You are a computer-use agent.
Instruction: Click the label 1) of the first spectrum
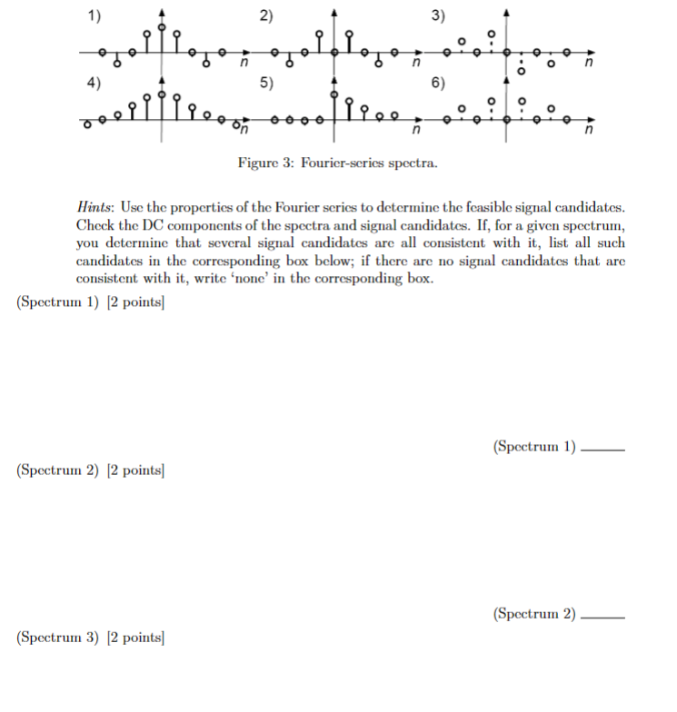95,15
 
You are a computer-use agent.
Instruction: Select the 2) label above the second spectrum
265,15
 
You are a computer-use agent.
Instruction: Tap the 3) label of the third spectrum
438,15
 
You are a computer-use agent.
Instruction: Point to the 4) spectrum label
95,82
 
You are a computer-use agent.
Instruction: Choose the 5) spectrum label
265,82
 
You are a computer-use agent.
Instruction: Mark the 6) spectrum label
438,82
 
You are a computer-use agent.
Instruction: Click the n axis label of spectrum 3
588,64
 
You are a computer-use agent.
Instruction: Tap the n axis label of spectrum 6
588,132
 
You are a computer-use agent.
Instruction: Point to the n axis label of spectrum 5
415,132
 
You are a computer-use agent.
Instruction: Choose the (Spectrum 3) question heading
57,638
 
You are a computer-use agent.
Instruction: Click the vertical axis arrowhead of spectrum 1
162,11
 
